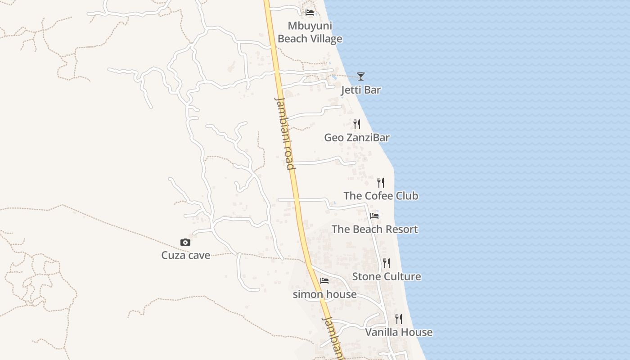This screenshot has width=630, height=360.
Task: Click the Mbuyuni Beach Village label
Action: (310, 32)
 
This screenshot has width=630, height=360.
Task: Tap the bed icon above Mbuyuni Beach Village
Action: (310, 12)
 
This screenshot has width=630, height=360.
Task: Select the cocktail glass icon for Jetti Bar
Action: (360, 76)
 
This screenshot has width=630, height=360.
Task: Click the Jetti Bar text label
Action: (361, 90)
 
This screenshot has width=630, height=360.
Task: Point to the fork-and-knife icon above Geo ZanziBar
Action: (357, 124)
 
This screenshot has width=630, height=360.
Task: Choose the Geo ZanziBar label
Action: (357, 138)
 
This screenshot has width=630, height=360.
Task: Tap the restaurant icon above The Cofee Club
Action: (381, 182)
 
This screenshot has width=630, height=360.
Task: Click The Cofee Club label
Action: (381, 196)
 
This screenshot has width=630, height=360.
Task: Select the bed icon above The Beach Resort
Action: (374, 216)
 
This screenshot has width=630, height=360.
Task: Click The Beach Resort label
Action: (374, 229)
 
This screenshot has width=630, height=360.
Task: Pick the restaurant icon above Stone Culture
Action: (387, 263)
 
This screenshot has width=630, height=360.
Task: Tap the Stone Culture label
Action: (387, 276)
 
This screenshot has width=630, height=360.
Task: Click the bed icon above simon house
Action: (324, 281)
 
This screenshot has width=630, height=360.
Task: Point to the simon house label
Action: (324, 294)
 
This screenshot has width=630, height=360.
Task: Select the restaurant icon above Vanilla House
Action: (399, 319)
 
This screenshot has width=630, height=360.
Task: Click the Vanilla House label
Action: (399, 333)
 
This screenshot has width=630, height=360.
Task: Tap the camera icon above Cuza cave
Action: (185, 243)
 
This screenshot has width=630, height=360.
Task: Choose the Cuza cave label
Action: (185, 256)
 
